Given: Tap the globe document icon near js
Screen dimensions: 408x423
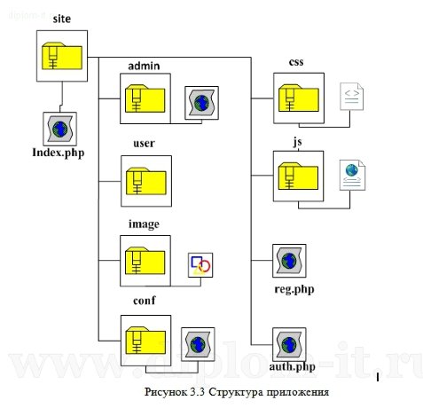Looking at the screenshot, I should click(353, 175).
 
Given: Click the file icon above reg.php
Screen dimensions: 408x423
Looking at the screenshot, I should click(289, 262).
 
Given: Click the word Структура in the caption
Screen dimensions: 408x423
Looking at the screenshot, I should click(221, 389).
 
